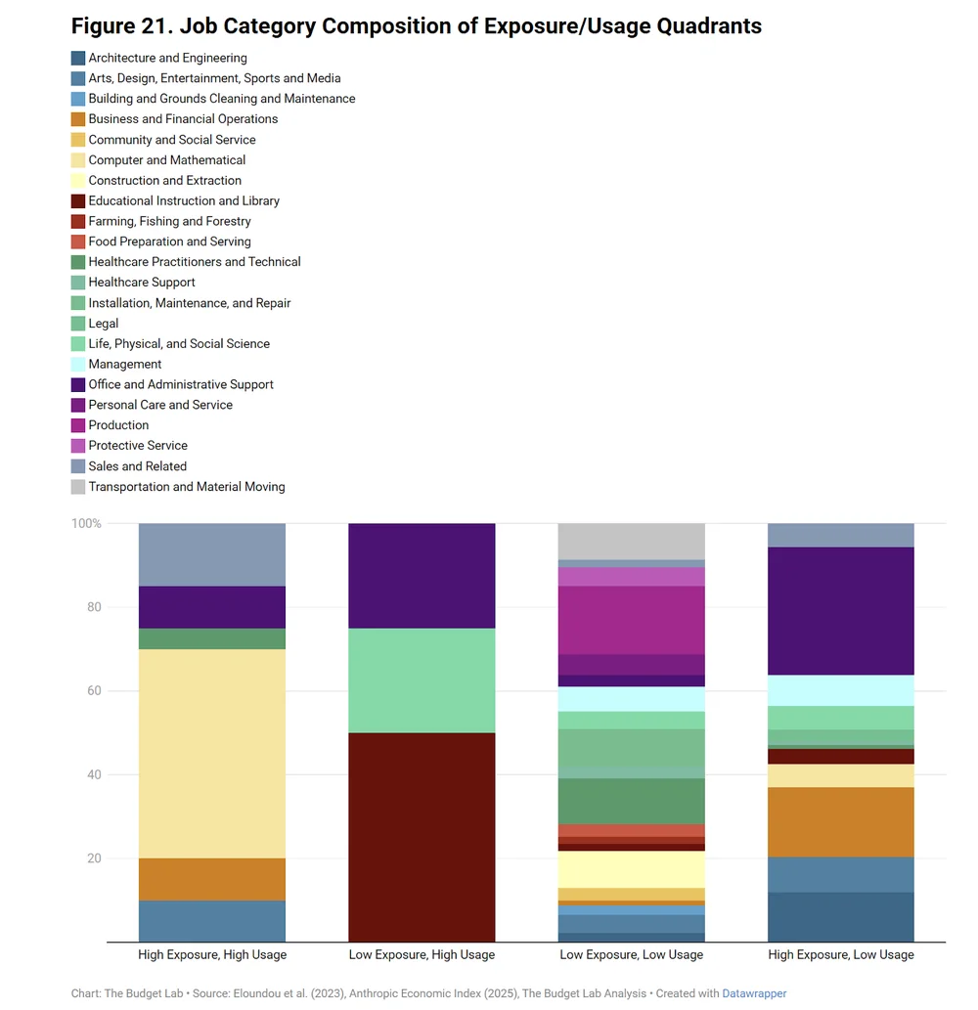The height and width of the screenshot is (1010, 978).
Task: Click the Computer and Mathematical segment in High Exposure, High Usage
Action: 211,753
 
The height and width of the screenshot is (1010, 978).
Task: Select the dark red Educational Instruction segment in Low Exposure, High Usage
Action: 422,837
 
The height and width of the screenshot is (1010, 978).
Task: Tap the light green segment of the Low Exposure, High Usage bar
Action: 422,681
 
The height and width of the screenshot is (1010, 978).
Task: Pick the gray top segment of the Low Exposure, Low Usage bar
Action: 631,541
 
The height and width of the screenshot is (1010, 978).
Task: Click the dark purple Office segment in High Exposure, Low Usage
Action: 841,611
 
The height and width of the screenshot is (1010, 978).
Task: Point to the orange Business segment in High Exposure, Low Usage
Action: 841,822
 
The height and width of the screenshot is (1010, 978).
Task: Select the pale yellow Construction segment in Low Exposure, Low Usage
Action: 631,869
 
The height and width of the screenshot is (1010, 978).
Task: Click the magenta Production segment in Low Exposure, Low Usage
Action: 631,620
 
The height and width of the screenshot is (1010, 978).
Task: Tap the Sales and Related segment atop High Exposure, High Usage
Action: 211,554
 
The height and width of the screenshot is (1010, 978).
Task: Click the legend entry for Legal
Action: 103,323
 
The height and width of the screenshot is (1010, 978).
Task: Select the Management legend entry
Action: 124,364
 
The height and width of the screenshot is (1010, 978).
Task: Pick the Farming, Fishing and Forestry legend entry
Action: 169,221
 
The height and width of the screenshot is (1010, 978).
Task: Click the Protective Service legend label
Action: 137,445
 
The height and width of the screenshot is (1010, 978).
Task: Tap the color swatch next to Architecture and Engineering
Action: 78,58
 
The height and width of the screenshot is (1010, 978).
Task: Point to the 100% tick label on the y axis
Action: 86,523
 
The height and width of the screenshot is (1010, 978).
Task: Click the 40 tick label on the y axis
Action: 94,774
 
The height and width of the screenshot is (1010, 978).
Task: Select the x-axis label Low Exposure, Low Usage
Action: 631,954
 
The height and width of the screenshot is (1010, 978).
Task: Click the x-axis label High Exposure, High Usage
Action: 211,954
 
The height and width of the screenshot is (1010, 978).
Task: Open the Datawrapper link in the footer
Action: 754,993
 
